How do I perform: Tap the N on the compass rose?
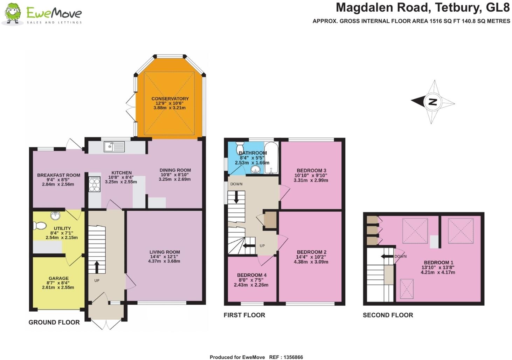[433, 102]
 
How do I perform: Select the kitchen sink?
[114, 147]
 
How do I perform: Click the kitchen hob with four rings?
[95, 184]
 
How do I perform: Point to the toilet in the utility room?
[40, 225]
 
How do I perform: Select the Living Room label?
[165, 252]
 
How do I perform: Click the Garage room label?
[58, 278]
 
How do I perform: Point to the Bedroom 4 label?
[251, 275]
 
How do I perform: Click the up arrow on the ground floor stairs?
[96, 267]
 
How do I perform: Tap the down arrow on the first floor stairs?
[236, 197]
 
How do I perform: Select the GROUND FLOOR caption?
[54, 322]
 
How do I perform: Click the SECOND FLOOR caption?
[388, 315]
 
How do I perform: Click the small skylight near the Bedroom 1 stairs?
[406, 288]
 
